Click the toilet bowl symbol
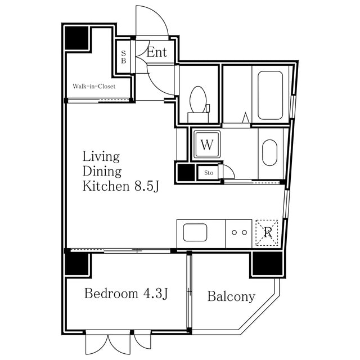198,100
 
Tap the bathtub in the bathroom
270,95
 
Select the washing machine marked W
207,145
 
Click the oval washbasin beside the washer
270,152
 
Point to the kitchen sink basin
195,232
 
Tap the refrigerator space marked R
267,233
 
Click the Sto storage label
209,173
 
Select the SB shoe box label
124,57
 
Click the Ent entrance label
156,52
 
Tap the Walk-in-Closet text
94,86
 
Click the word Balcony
231,296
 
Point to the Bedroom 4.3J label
126,294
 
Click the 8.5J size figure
147,186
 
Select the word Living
101,157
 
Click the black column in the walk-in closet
76,38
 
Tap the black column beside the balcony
268,263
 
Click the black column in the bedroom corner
76,264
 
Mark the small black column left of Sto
186,173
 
